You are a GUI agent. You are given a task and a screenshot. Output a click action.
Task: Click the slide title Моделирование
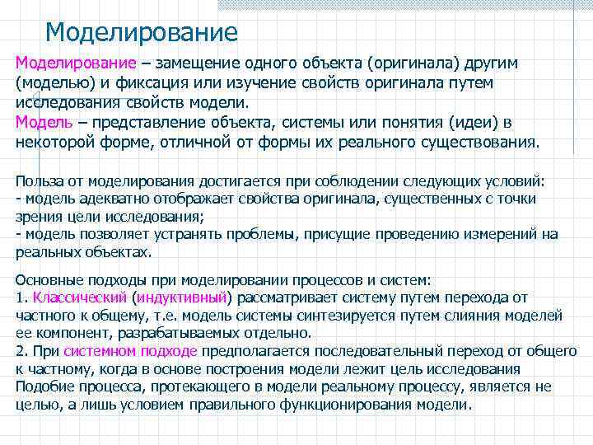pyautogui.click(x=141, y=33)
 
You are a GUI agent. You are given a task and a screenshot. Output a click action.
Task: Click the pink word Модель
pyautogui.click(x=47, y=123)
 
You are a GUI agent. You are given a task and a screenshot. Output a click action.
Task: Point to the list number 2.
pyautogui.click(x=21, y=351)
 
